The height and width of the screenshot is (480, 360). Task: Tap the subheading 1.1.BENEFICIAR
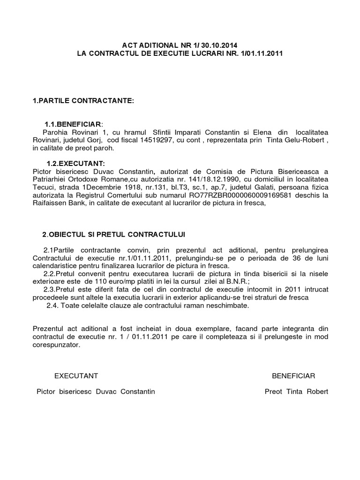tap(73, 124)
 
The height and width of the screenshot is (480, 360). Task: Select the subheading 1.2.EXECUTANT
tap(75, 163)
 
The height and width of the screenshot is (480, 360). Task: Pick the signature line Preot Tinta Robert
tap(296, 392)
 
